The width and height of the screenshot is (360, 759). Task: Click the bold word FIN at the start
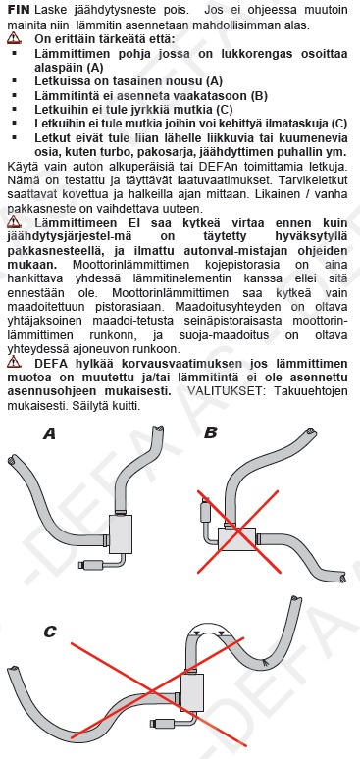click(x=20, y=10)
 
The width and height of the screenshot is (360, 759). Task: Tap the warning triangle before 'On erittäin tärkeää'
click(x=15, y=39)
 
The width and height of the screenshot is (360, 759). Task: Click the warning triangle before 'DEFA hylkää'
click(x=15, y=361)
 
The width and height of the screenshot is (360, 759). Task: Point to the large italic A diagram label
click(x=49, y=433)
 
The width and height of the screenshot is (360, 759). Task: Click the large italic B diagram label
click(x=211, y=432)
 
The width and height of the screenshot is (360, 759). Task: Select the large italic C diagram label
click(x=49, y=632)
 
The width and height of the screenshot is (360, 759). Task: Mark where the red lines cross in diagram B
click(x=238, y=531)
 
